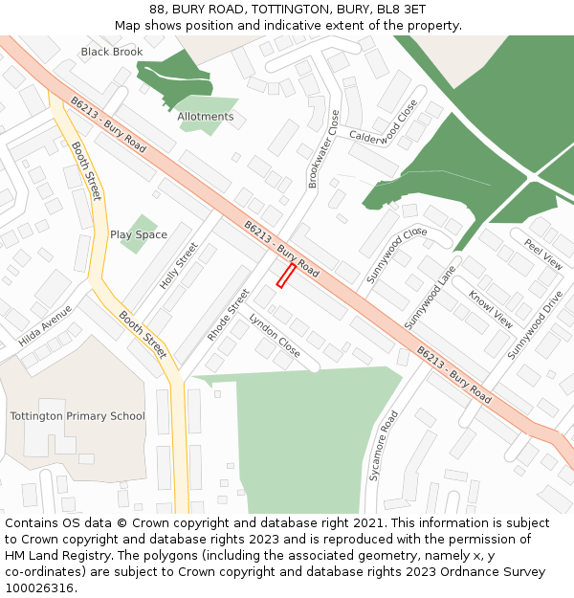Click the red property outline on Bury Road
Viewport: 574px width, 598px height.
pos(285,276)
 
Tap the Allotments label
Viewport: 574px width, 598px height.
pos(205,117)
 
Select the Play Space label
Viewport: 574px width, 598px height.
pos(139,234)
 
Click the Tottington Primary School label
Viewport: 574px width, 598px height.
pos(77,416)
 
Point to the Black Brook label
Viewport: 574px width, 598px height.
pos(112,52)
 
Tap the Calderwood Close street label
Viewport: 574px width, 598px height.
pos(384,124)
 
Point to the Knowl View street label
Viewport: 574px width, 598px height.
pos(490,308)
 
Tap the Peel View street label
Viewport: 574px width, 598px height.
pos(543,255)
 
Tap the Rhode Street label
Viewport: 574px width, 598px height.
pos(228,315)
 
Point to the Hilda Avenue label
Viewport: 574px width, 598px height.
pos(45,326)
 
